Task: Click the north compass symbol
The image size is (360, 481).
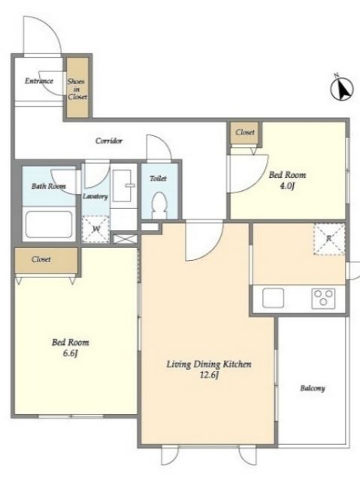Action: [x=342, y=89]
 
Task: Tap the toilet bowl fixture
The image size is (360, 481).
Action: [x=159, y=204]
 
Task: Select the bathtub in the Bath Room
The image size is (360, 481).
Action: [x=49, y=224]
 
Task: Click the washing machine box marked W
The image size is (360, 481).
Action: [x=95, y=229]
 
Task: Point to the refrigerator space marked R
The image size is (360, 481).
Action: [x=329, y=239]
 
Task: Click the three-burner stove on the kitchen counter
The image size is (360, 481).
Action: [x=323, y=298]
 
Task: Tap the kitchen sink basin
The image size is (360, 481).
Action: [x=273, y=298]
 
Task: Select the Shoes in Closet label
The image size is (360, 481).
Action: [x=77, y=89]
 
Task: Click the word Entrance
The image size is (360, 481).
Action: [x=39, y=81]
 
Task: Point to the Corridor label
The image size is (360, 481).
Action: [x=109, y=141]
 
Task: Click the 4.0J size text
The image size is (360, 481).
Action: [x=287, y=186]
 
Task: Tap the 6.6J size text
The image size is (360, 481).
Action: [x=70, y=353]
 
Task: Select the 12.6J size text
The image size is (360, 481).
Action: [x=209, y=375]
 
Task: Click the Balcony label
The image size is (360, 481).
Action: [x=313, y=389]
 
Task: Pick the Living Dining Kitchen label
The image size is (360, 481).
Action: [x=209, y=364]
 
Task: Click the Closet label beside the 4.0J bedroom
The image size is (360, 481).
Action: [x=245, y=132]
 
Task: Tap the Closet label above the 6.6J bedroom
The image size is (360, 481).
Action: [x=41, y=259]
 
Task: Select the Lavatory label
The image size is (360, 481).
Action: [x=95, y=196]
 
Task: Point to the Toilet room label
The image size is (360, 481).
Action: [x=159, y=178]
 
